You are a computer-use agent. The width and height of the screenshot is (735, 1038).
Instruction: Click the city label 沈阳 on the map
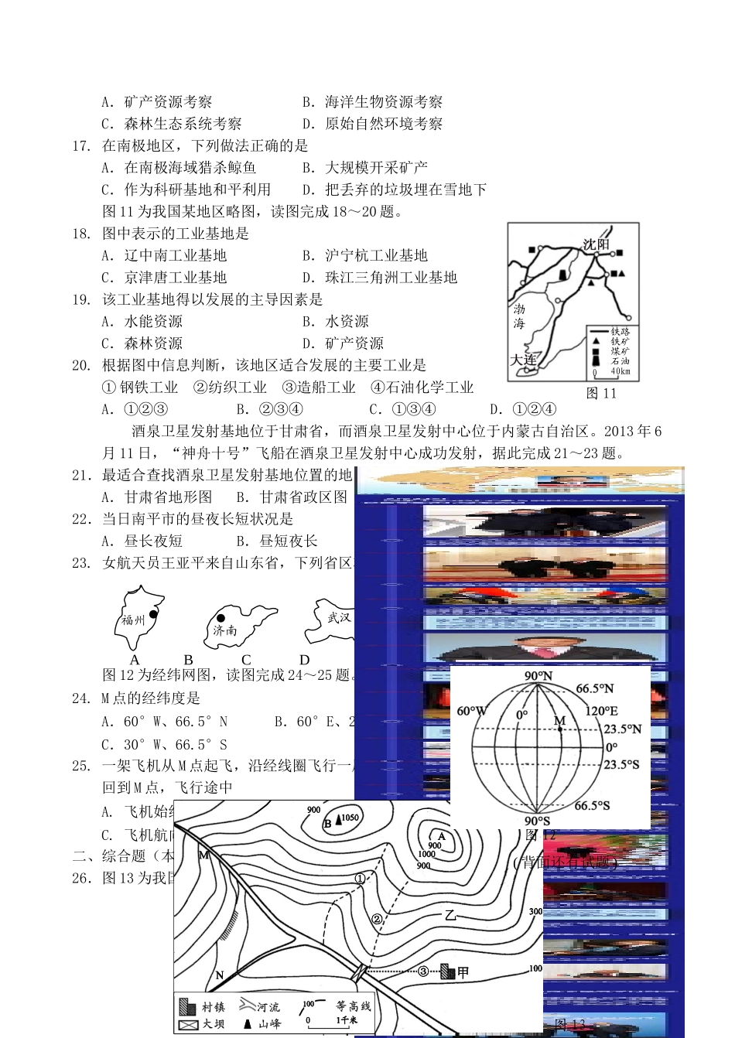[596, 244]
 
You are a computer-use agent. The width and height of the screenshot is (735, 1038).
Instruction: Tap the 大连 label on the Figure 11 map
[524, 360]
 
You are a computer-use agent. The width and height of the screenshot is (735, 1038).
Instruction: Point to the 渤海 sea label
[518, 316]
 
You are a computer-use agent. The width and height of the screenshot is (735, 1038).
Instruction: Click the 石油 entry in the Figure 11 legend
[620, 360]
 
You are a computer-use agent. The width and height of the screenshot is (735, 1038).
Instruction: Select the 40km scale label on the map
[620, 371]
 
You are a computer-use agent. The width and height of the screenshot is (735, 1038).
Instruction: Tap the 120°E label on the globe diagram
[602, 711]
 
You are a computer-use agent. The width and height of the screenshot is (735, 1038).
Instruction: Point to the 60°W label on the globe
[472, 711]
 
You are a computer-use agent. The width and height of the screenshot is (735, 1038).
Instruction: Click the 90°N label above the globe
[538, 676]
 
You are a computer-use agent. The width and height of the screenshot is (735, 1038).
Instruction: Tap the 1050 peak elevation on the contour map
[350, 818]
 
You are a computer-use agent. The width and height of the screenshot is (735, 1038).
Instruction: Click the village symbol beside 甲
[447, 971]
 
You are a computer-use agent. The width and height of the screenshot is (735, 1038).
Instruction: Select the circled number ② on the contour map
[377, 920]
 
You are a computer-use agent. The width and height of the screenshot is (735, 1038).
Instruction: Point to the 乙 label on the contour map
[450, 915]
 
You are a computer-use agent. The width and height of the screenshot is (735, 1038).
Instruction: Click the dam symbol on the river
[361, 970]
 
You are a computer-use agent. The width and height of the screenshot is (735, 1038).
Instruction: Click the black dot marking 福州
[153, 614]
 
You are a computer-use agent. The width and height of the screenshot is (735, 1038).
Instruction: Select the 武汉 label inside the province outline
[339, 617]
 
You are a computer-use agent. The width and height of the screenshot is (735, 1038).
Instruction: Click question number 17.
[81, 145]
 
